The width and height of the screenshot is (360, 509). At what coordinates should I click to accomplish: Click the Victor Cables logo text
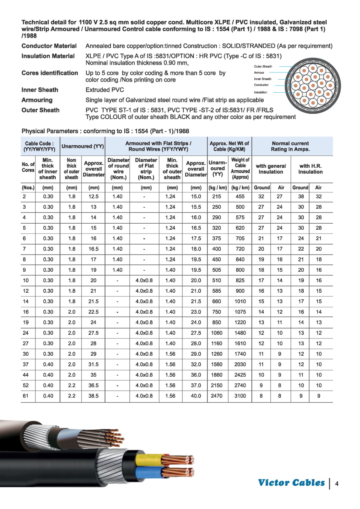(x=291, y=483)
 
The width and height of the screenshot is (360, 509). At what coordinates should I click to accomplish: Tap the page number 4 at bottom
(x=337, y=484)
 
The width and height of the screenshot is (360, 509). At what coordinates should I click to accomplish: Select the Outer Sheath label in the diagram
(x=263, y=66)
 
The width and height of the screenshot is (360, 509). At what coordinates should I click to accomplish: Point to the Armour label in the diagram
(x=259, y=73)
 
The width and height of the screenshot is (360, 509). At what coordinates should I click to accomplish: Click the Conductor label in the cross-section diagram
(x=261, y=85)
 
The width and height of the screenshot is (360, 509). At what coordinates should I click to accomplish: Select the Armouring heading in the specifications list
(x=37, y=100)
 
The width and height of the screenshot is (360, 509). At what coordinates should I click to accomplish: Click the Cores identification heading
(x=50, y=73)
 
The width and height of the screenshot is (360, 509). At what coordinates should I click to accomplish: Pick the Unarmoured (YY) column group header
(x=83, y=146)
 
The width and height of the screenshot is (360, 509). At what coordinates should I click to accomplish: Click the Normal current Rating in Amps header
(x=290, y=146)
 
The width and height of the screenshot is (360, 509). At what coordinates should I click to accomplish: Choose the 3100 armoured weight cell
(x=240, y=396)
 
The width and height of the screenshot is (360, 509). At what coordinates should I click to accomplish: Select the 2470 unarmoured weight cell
(x=217, y=396)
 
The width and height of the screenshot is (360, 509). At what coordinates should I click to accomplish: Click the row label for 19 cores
(x=26, y=322)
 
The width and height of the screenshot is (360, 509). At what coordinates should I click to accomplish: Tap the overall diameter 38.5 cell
(x=93, y=396)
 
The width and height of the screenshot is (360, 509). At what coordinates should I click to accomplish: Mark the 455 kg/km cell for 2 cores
(x=240, y=197)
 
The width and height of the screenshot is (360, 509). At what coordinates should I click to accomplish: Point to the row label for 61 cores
(x=26, y=396)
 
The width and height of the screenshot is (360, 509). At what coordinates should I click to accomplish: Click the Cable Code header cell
(x=39, y=146)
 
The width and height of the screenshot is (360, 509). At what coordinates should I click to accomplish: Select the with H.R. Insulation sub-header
(x=310, y=169)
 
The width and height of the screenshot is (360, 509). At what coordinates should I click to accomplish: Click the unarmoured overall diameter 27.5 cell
(x=93, y=333)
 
